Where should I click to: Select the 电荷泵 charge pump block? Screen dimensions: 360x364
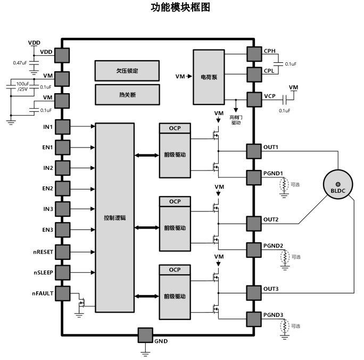(209, 77)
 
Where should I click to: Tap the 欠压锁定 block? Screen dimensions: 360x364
(127, 70)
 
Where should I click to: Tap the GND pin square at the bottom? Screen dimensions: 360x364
(145, 335)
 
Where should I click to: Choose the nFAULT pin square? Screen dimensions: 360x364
(62, 293)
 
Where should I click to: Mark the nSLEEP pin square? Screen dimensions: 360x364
(62, 272)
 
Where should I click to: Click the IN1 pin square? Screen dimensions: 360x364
(62, 127)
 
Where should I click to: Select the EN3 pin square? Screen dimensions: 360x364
(62, 230)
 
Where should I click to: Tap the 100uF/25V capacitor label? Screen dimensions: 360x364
(22, 86)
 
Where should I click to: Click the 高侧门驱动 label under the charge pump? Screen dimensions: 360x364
(236, 119)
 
